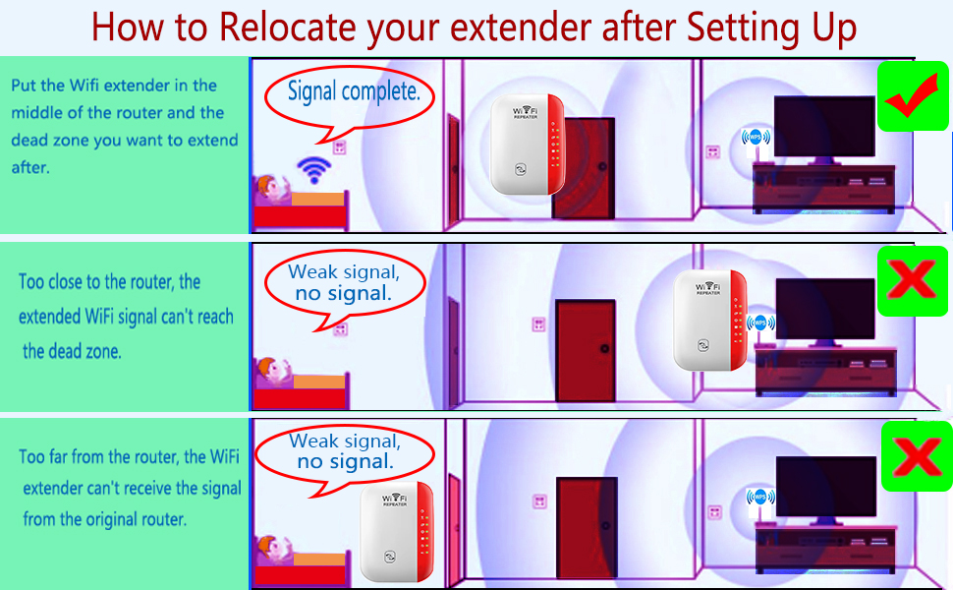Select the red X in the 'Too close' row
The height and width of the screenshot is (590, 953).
click(914, 282)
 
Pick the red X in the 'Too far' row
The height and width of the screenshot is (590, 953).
click(917, 456)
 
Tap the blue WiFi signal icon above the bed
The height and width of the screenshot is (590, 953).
click(313, 170)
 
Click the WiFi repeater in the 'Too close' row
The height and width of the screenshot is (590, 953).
click(708, 320)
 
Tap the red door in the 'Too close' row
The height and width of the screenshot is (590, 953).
click(586, 351)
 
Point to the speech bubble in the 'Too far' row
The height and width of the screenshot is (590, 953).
click(344, 454)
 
